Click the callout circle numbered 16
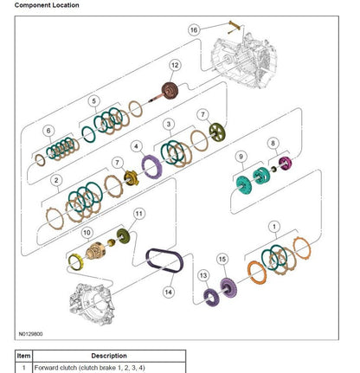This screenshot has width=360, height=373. tap(194, 29)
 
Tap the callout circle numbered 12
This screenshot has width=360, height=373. tap(175, 65)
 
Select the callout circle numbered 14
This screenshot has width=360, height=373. tap(168, 293)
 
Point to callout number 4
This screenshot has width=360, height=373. tap(136, 146)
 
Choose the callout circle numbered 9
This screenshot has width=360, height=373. tap(241, 157)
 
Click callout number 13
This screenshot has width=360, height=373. tap(203, 275)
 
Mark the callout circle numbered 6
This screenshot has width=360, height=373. tap(48, 131)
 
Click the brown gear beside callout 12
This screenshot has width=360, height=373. tap(170, 91)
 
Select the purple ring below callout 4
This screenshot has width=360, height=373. tap(151, 167)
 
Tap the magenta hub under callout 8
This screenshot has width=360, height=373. tap(285, 164)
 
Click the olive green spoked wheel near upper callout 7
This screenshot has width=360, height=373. tap(217, 132)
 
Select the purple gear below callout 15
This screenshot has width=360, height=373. tap(228, 287)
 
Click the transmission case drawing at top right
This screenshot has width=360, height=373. tap(244, 61)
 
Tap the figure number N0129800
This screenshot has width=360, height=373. tap(31, 334)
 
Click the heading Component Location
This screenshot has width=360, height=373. tap(47, 5)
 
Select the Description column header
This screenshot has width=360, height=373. tap(109, 356)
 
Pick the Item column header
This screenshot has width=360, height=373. tap(23, 356)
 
